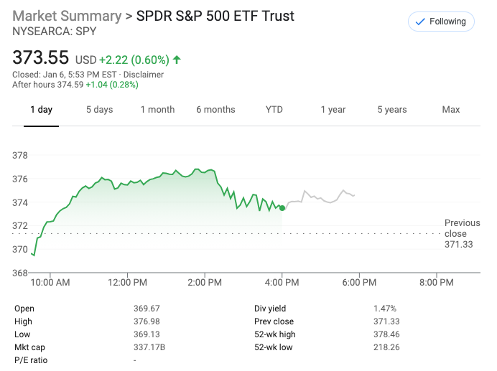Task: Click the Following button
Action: point(441,22)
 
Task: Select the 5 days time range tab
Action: point(99,110)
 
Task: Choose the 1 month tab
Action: point(157,110)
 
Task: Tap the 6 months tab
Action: point(215,110)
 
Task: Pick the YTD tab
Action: point(274,110)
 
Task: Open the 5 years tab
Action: point(392,110)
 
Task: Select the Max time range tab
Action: point(451,110)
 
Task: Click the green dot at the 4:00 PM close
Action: point(282,208)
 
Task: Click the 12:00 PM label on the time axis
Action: point(128,283)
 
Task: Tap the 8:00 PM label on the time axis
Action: point(436,283)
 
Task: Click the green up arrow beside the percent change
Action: point(177,60)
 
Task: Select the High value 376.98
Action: point(147,321)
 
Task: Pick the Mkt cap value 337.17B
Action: point(149,347)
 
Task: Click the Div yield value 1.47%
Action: point(385,309)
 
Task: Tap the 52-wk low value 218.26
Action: point(386,347)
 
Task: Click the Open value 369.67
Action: point(147,309)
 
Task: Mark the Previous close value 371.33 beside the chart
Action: point(459,245)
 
